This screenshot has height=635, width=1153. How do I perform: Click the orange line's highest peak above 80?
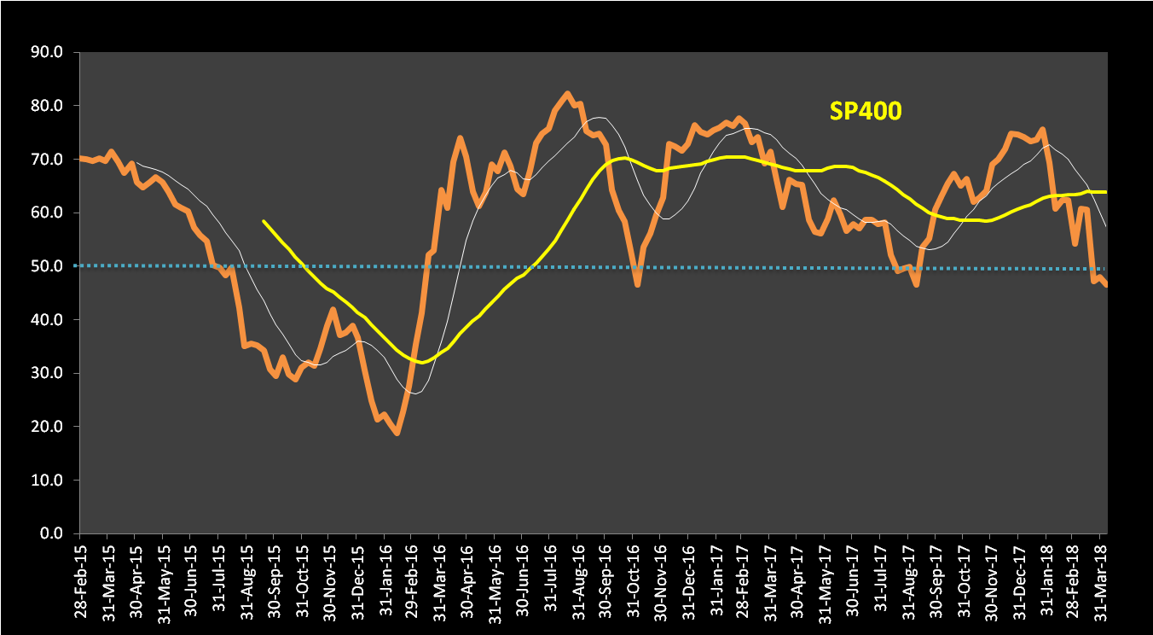click(567, 94)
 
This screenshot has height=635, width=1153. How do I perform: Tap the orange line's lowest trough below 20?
click(397, 434)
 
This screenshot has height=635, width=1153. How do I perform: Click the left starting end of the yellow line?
click(264, 221)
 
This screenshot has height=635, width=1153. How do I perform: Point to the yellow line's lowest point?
click(420, 362)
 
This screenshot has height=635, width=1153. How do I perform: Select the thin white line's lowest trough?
click(414, 393)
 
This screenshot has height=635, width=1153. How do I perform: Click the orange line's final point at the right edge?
click(1106, 285)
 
